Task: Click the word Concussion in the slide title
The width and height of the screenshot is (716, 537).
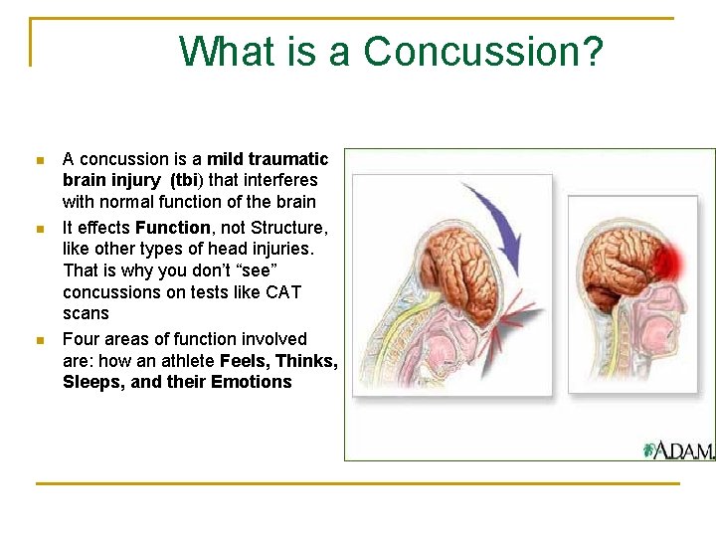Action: (483, 52)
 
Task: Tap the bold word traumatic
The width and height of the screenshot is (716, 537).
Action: (288, 159)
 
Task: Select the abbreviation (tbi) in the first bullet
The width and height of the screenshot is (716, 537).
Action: (187, 180)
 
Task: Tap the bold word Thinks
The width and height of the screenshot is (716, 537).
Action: (306, 361)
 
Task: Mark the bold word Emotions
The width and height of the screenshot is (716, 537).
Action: (252, 383)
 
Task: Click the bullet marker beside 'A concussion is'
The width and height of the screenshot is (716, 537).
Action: (39, 160)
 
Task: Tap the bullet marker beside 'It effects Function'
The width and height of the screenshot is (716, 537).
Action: (39, 229)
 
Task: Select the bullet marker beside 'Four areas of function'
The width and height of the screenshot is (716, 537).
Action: (39, 340)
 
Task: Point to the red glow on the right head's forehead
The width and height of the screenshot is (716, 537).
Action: (677, 261)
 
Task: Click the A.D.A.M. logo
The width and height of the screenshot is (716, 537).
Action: (678, 450)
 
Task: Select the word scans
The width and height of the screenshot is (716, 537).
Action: (86, 314)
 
